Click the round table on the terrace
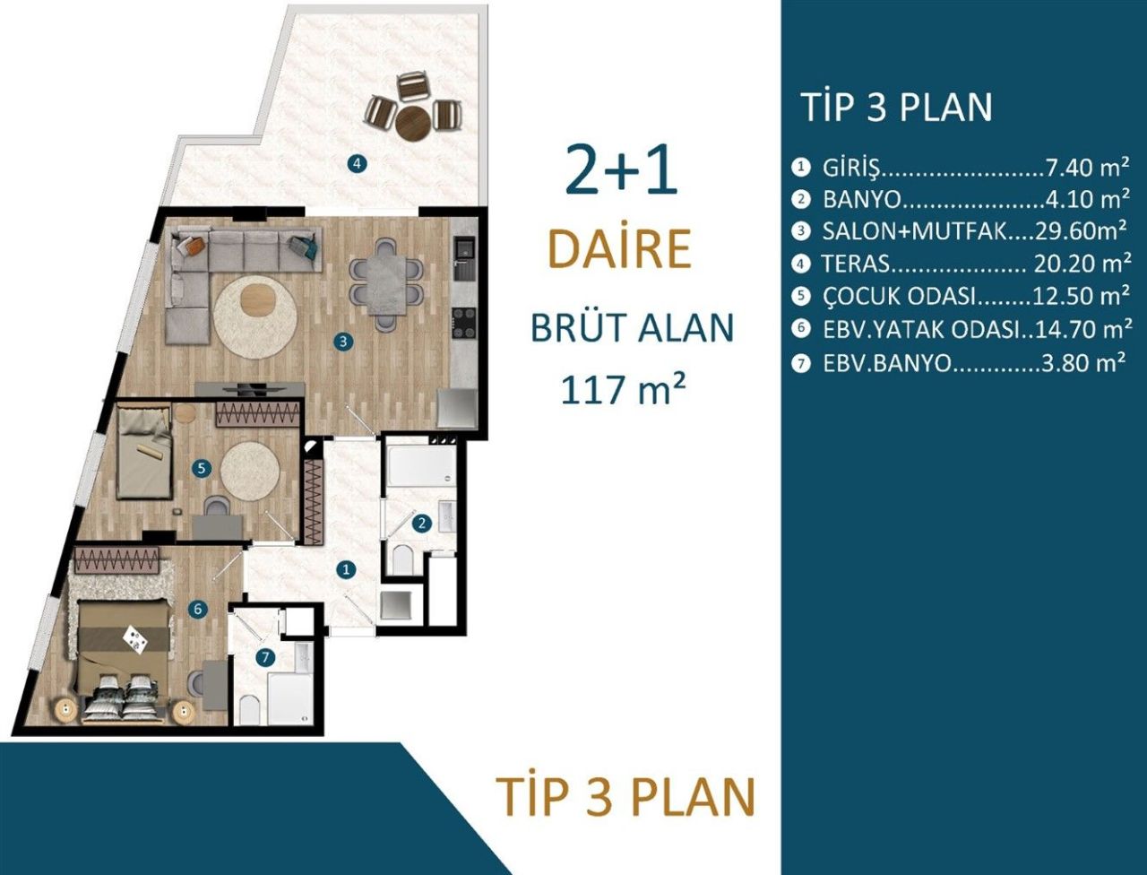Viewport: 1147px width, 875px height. (x=413, y=123)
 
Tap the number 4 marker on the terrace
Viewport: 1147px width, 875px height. (x=357, y=164)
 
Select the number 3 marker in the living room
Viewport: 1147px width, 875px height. (x=342, y=341)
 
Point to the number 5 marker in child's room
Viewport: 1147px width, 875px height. (x=201, y=467)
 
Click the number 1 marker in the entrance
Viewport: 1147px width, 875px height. (x=347, y=569)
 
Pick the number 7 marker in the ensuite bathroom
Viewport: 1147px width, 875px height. (x=264, y=657)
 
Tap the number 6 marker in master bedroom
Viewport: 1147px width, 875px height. (x=198, y=610)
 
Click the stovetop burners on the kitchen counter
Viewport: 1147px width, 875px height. (x=463, y=323)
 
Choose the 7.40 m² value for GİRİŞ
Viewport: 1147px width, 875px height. (x=1086, y=168)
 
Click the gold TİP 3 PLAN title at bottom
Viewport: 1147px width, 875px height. (x=625, y=795)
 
